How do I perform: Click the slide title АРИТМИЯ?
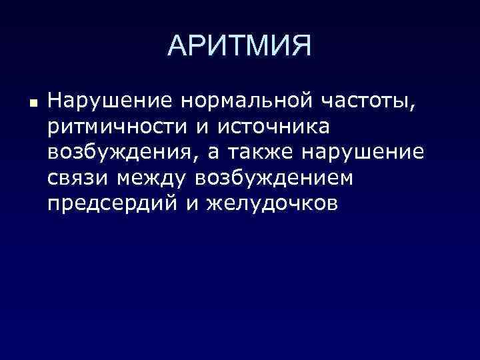point(239,47)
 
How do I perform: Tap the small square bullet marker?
point(31,105)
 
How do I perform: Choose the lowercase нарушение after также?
point(363,153)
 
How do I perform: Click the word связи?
point(78,178)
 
